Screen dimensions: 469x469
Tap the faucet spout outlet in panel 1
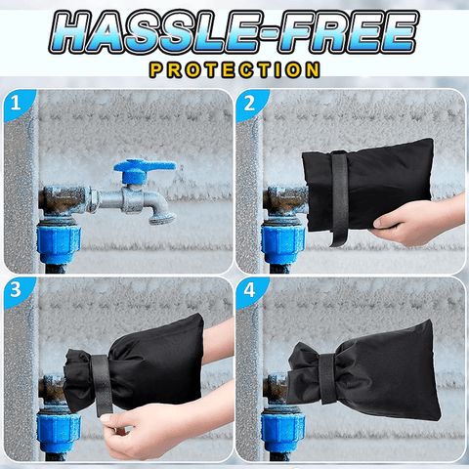[x=162, y=218]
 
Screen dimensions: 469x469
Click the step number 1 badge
[x=17, y=104]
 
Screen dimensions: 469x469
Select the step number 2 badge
[x=250, y=104]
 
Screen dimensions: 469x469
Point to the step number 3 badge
[x=17, y=291]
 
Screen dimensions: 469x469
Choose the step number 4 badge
[x=250, y=291]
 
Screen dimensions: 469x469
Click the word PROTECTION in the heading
[x=234, y=70]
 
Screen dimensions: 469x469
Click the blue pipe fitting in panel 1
[x=59, y=240]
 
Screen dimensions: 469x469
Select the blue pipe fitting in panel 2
[x=282, y=240]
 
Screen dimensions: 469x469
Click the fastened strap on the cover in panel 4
[x=328, y=378]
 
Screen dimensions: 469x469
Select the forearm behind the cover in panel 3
[x=218, y=342]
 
